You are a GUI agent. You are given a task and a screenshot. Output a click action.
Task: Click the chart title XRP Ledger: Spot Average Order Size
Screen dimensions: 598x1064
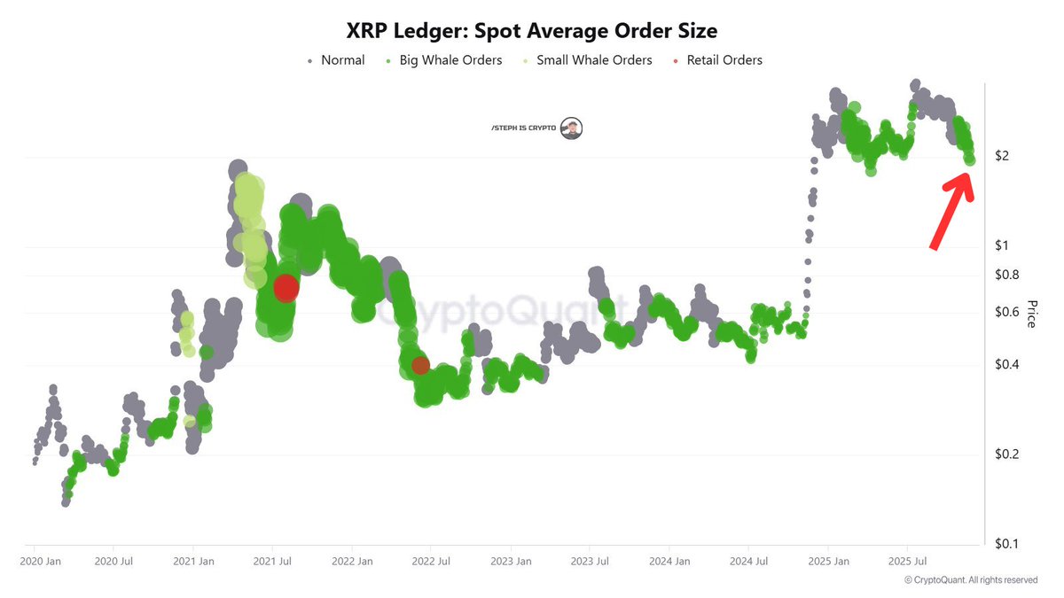click(531, 30)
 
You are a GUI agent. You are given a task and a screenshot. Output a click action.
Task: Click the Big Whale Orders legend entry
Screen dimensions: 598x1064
click(444, 60)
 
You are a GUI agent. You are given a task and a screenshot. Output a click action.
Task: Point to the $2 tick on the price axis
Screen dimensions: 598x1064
click(1002, 156)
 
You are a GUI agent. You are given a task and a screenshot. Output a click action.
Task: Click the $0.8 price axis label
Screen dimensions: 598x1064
click(1007, 275)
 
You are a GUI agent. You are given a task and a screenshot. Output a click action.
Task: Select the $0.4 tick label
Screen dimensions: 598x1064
click(1007, 364)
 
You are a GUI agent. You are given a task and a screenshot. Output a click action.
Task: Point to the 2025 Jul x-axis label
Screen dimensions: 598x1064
click(907, 561)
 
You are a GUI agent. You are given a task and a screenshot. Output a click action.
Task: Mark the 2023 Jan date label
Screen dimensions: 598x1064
click(511, 561)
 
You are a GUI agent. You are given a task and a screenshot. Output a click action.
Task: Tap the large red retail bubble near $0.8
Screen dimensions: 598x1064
click(286, 288)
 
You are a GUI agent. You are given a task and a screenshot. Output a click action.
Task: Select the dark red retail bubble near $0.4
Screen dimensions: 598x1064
click(420, 364)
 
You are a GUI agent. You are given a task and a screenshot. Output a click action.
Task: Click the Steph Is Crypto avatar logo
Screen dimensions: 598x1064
click(573, 128)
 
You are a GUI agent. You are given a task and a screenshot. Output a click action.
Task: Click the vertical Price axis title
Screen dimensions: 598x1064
click(1031, 314)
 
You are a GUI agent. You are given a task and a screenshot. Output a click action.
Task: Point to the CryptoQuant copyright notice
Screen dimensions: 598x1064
click(970, 580)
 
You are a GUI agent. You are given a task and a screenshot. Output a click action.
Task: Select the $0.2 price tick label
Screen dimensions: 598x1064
click(1007, 454)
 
